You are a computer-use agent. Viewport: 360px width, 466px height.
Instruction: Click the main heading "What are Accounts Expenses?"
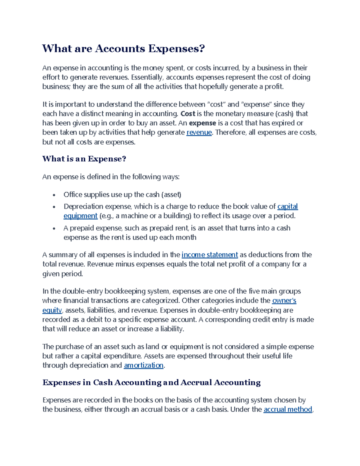coord(123,48)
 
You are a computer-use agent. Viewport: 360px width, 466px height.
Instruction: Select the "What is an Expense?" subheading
coord(84,159)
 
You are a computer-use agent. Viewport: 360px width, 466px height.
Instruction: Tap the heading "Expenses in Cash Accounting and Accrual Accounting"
coord(151,382)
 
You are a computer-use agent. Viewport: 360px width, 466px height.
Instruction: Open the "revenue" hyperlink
coord(199,132)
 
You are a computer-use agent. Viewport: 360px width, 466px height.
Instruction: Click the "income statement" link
coord(210,255)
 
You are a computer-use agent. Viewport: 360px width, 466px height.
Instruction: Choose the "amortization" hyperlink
coord(144,365)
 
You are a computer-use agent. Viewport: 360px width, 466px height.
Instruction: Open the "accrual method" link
coord(288,409)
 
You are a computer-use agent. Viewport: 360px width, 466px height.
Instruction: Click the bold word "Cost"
coord(188,114)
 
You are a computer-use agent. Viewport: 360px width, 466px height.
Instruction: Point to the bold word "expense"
coord(202,123)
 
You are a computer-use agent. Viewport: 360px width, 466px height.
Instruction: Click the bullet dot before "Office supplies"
coord(54,195)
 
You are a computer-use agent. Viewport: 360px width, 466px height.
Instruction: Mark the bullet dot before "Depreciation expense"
coord(54,207)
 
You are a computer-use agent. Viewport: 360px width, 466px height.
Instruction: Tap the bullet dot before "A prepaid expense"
coord(54,228)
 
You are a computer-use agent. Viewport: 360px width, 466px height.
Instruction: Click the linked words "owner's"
coord(284,300)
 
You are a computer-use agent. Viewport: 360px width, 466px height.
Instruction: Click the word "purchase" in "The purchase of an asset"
coord(70,347)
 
